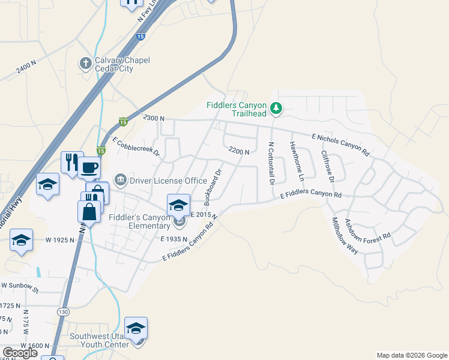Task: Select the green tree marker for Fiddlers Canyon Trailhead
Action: click(276, 109)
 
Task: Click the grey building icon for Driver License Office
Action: click(121, 180)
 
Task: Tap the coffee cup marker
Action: click(89, 167)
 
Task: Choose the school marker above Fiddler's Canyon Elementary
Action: click(178, 205)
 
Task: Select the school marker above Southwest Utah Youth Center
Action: click(136, 328)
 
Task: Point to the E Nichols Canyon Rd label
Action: click(340, 145)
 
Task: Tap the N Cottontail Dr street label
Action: click(271, 163)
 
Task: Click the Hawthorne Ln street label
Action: click(297, 160)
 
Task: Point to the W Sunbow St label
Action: click(19, 288)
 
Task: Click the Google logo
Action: click(20, 352)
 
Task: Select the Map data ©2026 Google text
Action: click(411, 355)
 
